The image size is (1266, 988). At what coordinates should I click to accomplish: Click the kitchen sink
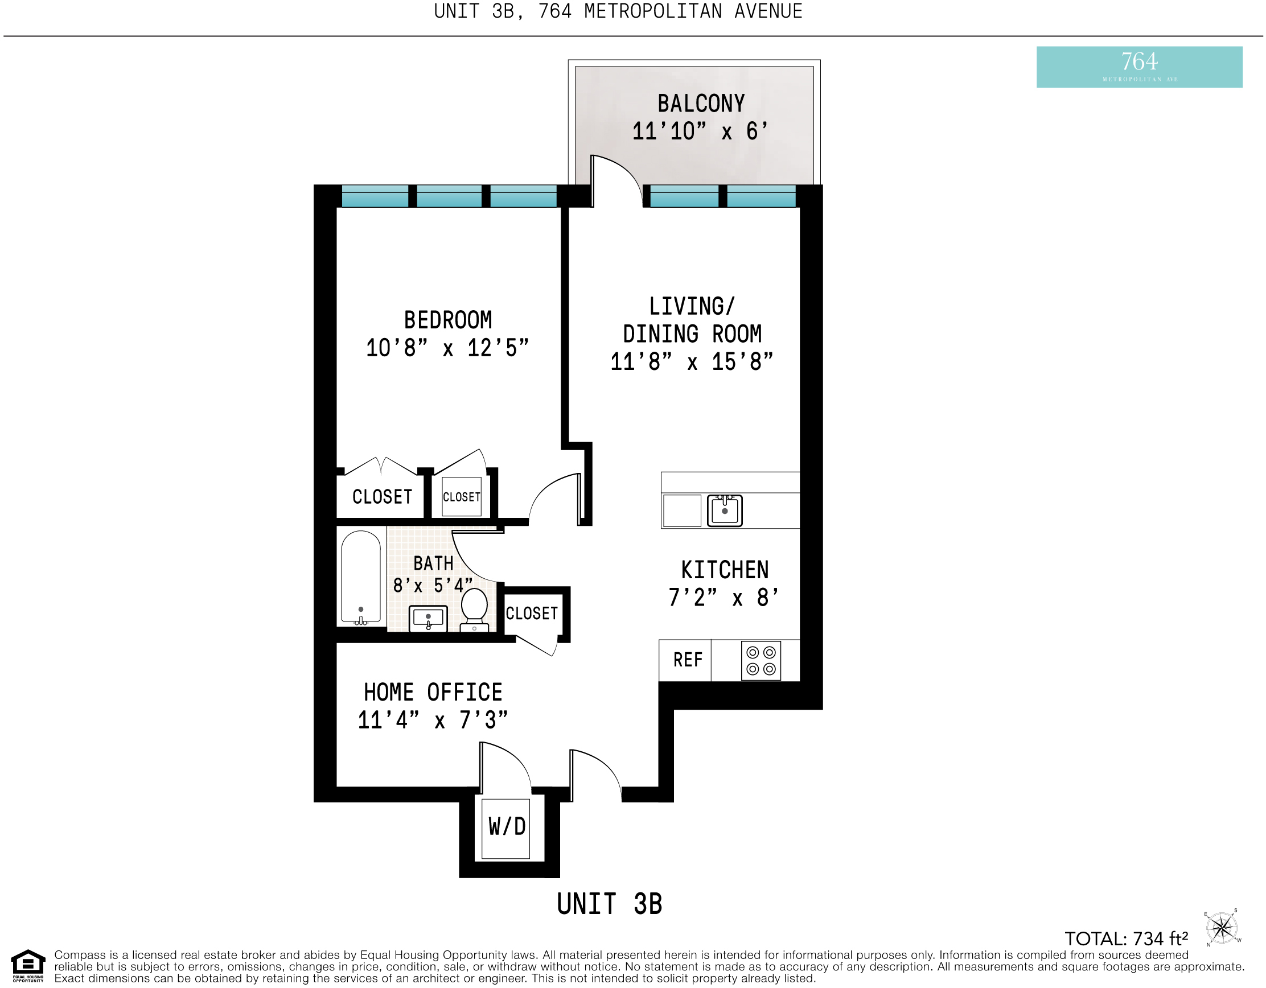(725, 510)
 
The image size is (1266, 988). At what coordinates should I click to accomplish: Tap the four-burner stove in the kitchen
(761, 661)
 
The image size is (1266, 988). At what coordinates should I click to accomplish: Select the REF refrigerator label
(688, 660)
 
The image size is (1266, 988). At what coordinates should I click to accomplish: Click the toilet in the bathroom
(474, 609)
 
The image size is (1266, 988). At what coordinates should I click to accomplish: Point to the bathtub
(360, 578)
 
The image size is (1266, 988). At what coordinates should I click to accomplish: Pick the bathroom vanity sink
(429, 618)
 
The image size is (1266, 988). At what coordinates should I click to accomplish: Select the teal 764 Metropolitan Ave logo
(1139, 67)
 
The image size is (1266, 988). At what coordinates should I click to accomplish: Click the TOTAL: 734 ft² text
(1127, 938)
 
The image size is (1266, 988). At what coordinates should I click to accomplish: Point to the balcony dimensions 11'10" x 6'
(700, 131)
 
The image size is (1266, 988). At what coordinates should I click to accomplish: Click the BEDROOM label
(448, 320)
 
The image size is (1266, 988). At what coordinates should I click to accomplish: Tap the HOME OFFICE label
(433, 693)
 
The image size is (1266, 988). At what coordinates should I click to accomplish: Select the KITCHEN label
(725, 570)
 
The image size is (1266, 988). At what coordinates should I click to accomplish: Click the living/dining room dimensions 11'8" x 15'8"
(692, 362)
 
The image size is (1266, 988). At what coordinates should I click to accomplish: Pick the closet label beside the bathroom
(532, 614)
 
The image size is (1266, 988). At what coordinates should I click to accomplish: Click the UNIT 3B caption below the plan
(609, 904)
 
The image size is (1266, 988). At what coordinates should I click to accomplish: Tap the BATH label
(433, 563)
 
